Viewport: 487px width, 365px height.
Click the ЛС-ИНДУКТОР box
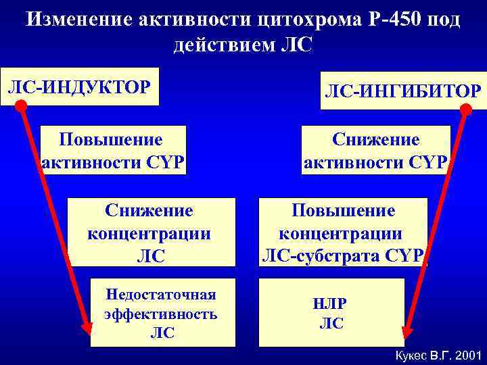point(80,87)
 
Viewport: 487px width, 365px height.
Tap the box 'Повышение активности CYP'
point(112,150)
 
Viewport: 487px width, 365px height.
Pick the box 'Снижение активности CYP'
point(377,150)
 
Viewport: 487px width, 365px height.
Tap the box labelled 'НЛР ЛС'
point(331,312)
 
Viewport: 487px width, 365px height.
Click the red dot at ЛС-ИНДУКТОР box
point(21,105)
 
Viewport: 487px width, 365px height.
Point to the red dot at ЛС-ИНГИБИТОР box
point(467,108)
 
